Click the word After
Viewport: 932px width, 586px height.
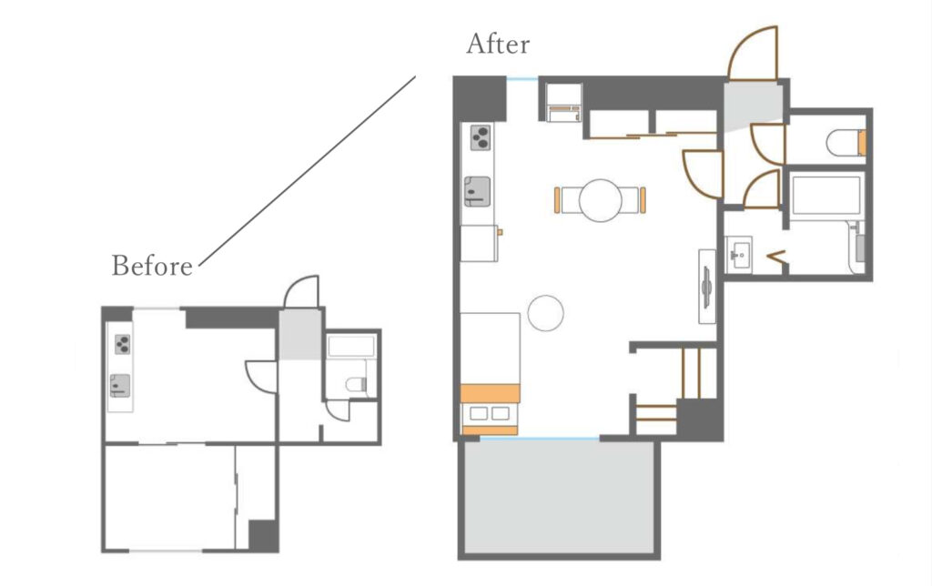498,44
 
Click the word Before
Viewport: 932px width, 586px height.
152,265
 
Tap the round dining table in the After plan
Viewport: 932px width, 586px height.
601,200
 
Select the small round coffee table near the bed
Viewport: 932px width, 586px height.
546,313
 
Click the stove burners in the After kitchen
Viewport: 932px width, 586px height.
481,137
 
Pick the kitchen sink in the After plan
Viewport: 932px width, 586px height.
477,191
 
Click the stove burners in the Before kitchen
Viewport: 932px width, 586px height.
123,344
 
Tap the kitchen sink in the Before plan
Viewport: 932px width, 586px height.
119,386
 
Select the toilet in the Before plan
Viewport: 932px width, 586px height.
356,385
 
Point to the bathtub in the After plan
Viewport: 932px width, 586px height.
826,195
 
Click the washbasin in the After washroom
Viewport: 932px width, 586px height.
739,255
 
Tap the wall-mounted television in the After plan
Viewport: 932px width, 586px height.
706,287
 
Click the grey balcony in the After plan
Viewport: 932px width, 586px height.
559,497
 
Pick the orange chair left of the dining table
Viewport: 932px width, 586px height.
557,200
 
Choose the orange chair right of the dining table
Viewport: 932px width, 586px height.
643,200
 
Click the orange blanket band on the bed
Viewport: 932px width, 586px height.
491,393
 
